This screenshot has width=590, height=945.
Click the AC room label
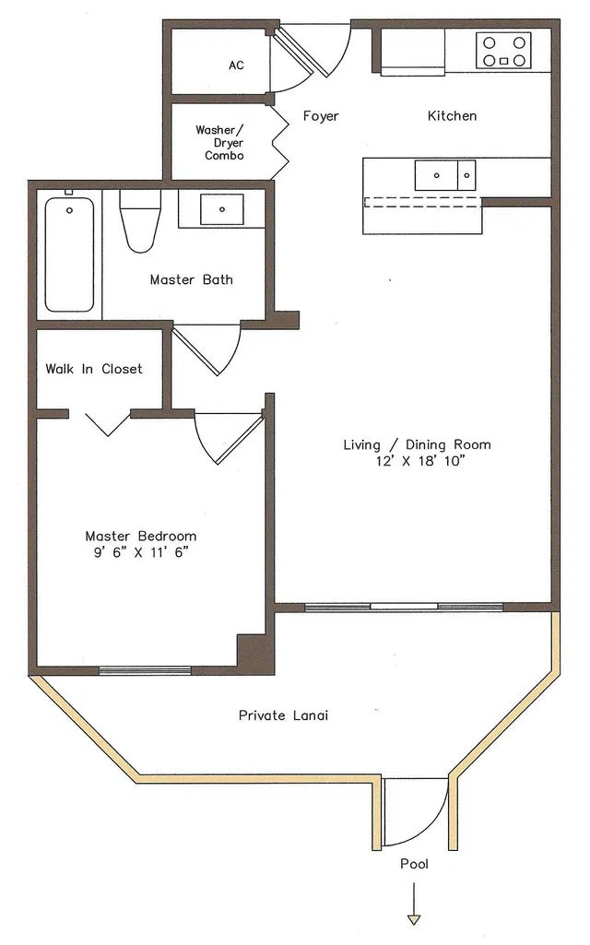pyautogui.click(x=236, y=65)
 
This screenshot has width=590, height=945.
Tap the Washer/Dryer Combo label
pyautogui.click(x=219, y=143)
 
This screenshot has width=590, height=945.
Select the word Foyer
pyautogui.click(x=321, y=116)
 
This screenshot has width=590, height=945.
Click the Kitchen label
pyautogui.click(x=452, y=116)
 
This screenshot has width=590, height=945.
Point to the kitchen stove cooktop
pyautogui.click(x=504, y=51)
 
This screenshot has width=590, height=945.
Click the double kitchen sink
pyautogui.click(x=445, y=175)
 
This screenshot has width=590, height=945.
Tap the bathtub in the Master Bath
pyautogui.click(x=69, y=254)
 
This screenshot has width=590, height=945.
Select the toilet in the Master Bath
pyautogui.click(x=140, y=220)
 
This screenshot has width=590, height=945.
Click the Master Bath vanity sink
pyautogui.click(x=222, y=209)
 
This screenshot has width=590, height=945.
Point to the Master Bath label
pyautogui.click(x=191, y=279)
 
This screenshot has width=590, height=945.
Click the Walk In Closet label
pyautogui.click(x=94, y=369)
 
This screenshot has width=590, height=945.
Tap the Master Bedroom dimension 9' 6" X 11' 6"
pyautogui.click(x=141, y=552)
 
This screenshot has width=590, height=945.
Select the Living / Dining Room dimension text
pyautogui.click(x=417, y=462)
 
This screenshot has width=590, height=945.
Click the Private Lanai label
pyautogui.click(x=283, y=715)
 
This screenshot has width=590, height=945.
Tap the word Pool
pyautogui.click(x=415, y=864)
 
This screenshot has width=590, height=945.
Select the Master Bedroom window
pyautogui.click(x=146, y=670)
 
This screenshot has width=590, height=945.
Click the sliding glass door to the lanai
pyautogui.click(x=404, y=607)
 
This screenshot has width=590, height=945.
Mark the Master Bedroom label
pyautogui.click(x=141, y=536)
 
